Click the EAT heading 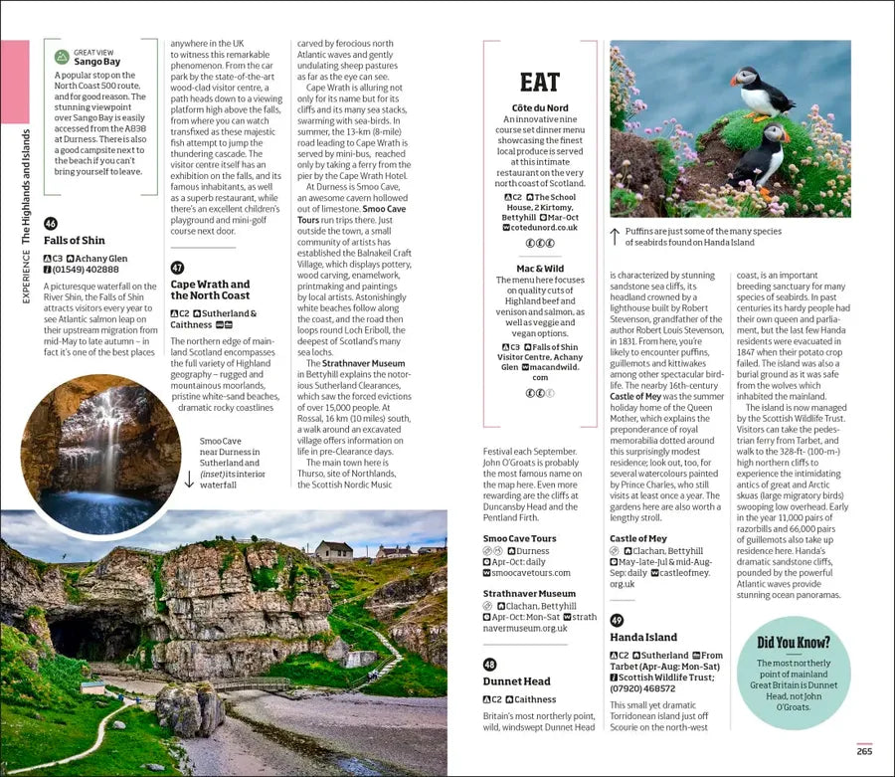click(540, 83)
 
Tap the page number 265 click(864, 751)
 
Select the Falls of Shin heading click(75, 240)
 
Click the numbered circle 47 click(177, 268)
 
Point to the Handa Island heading click(643, 637)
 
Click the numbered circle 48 click(489, 665)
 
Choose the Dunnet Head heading click(516, 681)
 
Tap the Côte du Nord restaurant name click(540, 107)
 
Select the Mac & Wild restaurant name click(540, 269)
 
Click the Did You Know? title click(794, 643)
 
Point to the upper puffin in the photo click(761, 92)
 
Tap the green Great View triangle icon click(62, 57)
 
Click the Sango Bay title click(96, 62)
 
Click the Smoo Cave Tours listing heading click(519, 539)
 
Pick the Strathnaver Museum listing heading click(529, 594)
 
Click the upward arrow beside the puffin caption click(616, 237)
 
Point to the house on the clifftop click(334, 550)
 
